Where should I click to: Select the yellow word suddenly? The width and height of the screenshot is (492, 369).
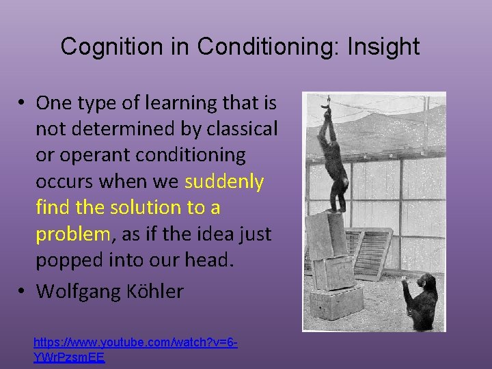click(x=224, y=181)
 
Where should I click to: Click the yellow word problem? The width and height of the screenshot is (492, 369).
click(x=72, y=234)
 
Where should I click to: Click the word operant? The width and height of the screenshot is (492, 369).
click(x=103, y=155)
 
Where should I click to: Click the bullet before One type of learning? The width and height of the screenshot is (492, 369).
click(x=23, y=103)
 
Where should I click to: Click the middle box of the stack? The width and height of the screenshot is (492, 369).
click(x=333, y=272)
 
